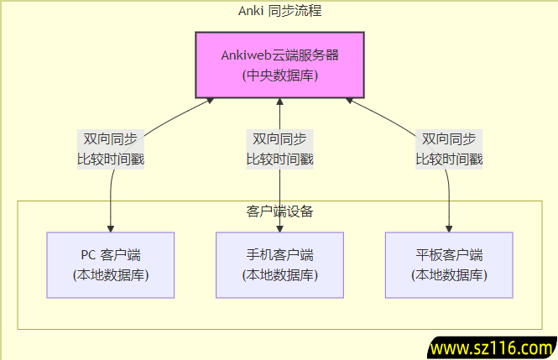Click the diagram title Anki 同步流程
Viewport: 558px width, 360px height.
(x=279, y=11)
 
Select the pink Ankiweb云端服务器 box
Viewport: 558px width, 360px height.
(x=279, y=65)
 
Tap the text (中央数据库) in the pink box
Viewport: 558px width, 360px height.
(x=279, y=76)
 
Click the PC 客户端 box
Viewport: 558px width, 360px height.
(x=111, y=264)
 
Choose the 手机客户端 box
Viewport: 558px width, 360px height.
(x=279, y=264)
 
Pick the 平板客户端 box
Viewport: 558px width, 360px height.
(x=449, y=264)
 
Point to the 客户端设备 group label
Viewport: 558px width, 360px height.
(x=279, y=211)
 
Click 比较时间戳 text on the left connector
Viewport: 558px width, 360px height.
(x=111, y=159)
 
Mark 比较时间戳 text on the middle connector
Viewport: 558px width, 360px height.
(x=279, y=159)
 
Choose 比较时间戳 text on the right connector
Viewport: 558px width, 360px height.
(x=449, y=159)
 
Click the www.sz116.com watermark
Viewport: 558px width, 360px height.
(x=491, y=347)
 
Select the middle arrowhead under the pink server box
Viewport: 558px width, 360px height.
(x=279, y=103)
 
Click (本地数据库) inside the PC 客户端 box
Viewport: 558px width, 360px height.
(x=111, y=274)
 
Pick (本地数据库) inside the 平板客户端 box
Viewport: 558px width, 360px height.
(x=449, y=274)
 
